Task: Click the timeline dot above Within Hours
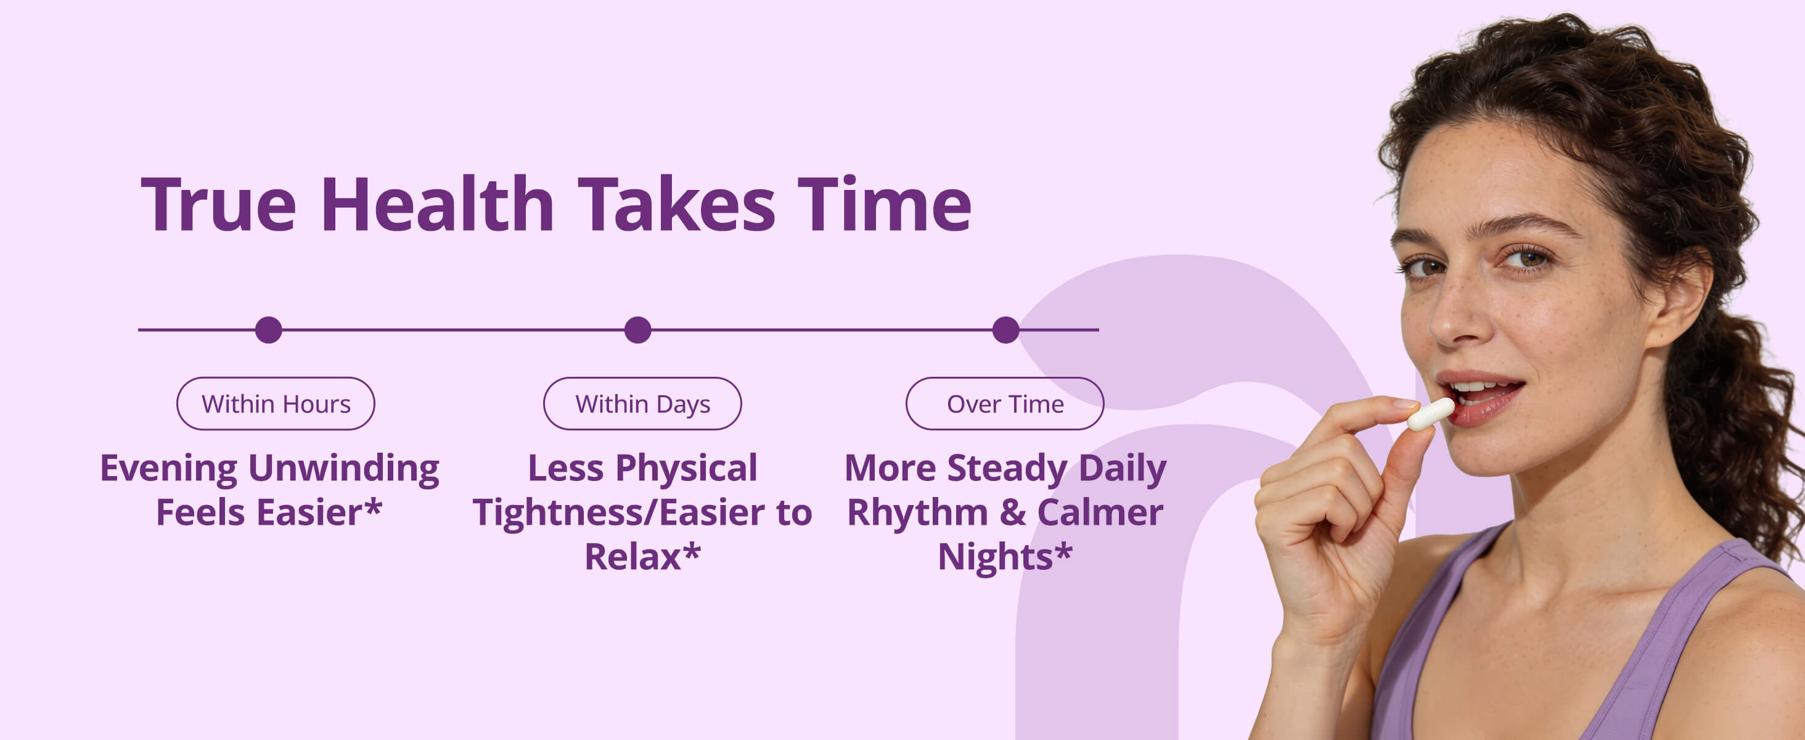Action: point(268,329)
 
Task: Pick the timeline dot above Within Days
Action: point(637,329)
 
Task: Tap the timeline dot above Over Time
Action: point(1005,329)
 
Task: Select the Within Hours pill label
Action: point(276,404)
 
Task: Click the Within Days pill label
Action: point(642,404)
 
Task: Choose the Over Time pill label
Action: point(1005,404)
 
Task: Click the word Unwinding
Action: point(343,469)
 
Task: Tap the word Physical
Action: point(686,469)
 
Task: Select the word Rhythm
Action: point(918,512)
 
